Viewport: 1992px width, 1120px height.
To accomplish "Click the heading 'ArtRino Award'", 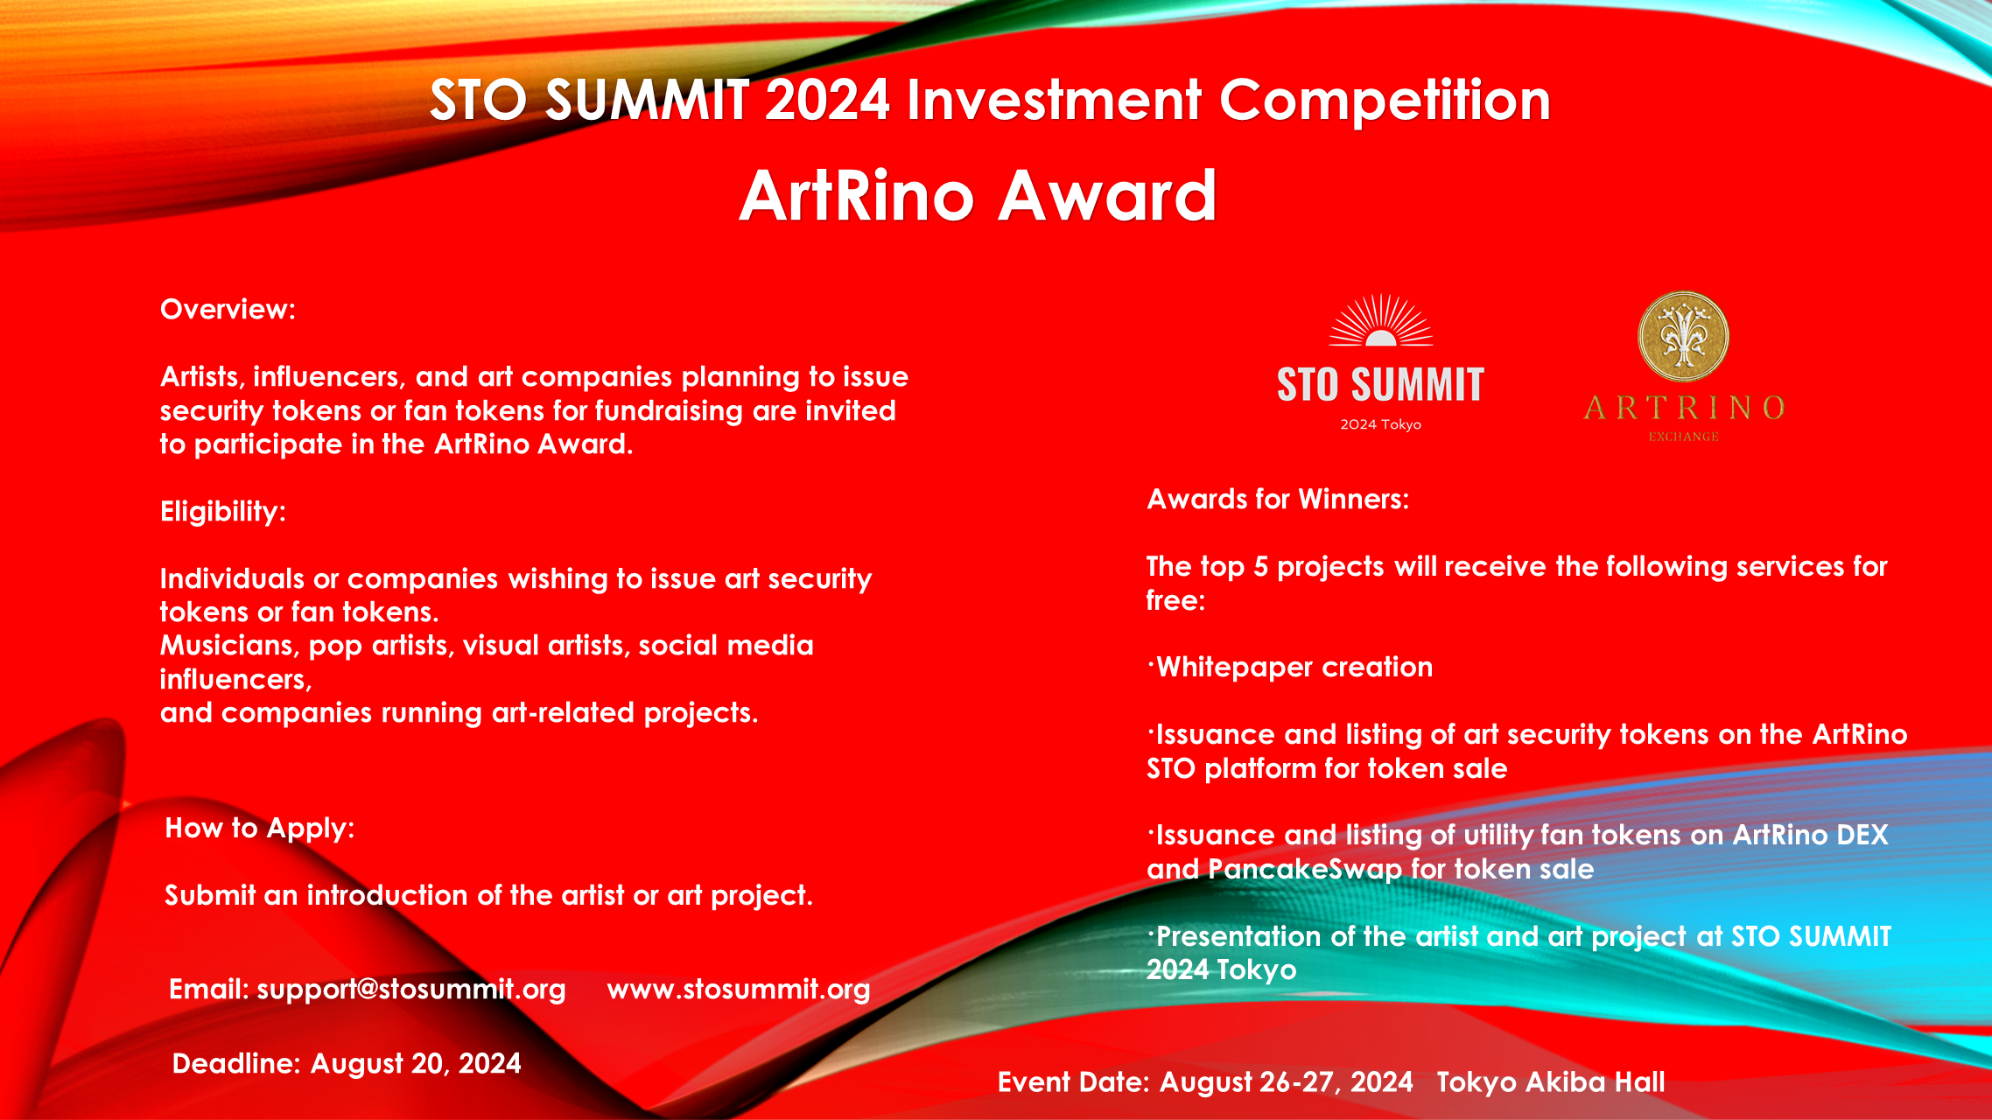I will pyautogui.click(x=978, y=196).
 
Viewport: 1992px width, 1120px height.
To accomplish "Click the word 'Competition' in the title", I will pyautogui.click(x=1385, y=100).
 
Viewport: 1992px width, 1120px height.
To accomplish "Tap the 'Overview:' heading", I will pyautogui.click(x=228, y=309).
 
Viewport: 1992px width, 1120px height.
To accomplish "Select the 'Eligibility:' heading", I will pyautogui.click(x=222, y=511).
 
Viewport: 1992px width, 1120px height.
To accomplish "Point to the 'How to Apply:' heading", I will pyautogui.click(x=260, y=828).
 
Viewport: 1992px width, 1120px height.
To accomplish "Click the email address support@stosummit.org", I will pyautogui.click(x=410, y=989).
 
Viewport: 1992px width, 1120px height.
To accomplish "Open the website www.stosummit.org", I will pyautogui.click(x=738, y=989).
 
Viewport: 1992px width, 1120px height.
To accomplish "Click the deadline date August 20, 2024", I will pyautogui.click(x=416, y=1063).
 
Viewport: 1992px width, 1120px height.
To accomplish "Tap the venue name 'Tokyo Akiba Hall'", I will pyautogui.click(x=1550, y=1081).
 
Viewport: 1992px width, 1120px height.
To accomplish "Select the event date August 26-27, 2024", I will pyautogui.click(x=1286, y=1081).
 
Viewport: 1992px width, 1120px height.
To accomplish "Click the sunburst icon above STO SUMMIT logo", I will pyautogui.click(x=1380, y=321).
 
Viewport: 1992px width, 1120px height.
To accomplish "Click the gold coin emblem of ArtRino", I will pyautogui.click(x=1682, y=337).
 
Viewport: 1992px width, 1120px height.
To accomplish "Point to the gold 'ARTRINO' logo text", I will pyautogui.click(x=1683, y=408).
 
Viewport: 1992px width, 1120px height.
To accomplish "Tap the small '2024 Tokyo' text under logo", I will pyautogui.click(x=1380, y=424).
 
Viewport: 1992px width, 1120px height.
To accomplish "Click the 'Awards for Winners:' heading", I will pyautogui.click(x=1278, y=499).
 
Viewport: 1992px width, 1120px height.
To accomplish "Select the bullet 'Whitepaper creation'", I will pyautogui.click(x=1294, y=667).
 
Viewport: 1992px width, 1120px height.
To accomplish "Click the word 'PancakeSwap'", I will pyautogui.click(x=1305, y=869).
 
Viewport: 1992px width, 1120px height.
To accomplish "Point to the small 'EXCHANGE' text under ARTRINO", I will pyautogui.click(x=1683, y=436).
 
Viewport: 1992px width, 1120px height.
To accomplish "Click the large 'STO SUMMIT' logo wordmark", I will pyautogui.click(x=1380, y=385).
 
